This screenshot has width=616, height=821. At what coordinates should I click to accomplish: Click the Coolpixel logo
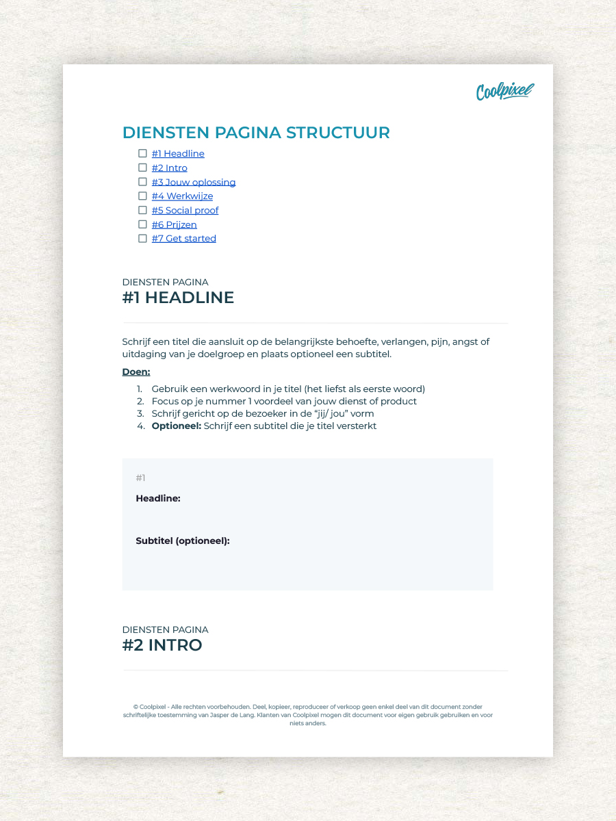(504, 91)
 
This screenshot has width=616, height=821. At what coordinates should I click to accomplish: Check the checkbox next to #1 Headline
(142, 153)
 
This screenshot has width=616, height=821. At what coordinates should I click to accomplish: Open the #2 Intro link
(169, 168)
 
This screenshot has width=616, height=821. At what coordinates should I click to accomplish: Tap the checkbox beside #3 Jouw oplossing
(142, 182)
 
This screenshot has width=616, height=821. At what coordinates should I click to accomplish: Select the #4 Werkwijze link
(182, 196)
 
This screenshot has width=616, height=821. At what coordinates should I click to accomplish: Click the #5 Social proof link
(185, 210)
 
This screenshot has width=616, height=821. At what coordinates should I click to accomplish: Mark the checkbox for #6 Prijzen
(142, 224)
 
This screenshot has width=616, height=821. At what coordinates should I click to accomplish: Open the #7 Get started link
(183, 238)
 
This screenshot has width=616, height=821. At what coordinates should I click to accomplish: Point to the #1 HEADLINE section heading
(178, 298)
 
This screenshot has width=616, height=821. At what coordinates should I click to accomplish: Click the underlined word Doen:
(136, 372)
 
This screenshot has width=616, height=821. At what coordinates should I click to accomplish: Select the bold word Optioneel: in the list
(177, 426)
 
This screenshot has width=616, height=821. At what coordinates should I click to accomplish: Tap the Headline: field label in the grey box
(158, 499)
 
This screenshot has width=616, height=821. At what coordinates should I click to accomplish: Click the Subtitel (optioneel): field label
(183, 541)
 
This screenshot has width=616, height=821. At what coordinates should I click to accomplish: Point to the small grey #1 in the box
(140, 478)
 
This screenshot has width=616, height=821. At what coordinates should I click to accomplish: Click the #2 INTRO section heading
(162, 645)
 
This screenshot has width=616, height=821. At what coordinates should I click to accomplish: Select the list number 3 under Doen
(140, 413)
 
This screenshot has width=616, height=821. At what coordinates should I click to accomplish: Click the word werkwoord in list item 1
(222, 389)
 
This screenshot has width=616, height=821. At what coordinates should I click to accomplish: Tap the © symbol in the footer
(136, 707)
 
